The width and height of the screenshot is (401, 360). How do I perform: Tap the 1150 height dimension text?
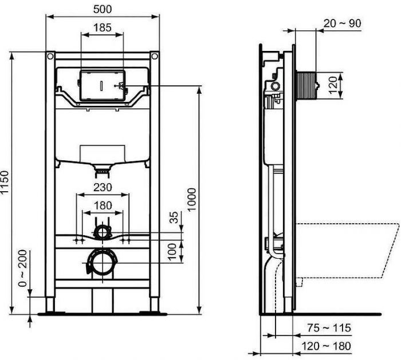click(x=6, y=183)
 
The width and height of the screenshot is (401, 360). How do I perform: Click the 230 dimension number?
click(x=103, y=187)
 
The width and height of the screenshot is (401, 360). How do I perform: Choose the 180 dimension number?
click(x=103, y=204)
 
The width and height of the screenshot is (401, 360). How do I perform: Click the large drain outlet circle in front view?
click(x=102, y=263)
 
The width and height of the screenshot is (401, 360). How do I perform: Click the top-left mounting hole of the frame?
click(x=50, y=57)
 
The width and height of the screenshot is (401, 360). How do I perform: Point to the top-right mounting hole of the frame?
click(x=154, y=57)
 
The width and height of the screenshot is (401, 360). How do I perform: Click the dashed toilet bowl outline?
click(x=349, y=252)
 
